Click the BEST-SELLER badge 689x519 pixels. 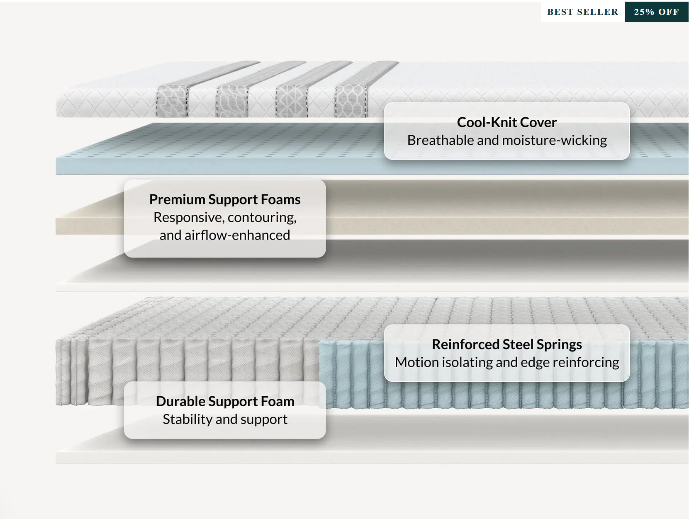[582, 12]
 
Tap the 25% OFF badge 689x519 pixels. [656, 12]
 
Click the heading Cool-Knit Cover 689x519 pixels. [506, 122]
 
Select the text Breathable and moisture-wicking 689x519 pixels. [506, 141]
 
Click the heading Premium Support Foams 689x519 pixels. [225, 199]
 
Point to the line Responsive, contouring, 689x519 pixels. [225, 217]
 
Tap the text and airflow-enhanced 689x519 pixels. [225, 235]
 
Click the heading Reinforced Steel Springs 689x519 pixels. [506, 344]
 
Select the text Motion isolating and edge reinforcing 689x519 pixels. [506, 362]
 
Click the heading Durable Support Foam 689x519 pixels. [225, 401]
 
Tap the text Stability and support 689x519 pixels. [225, 419]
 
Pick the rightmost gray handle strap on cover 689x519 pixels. [352, 100]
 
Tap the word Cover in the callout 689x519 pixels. [538, 122]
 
